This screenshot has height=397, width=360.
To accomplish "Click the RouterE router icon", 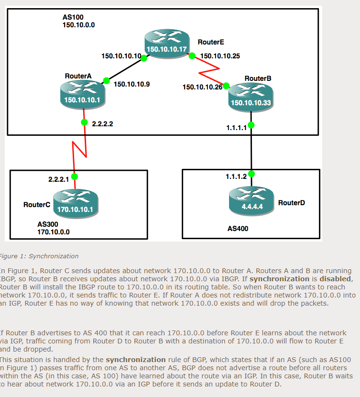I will click(x=167, y=43).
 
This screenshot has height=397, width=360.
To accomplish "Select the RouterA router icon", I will click(x=83, y=94).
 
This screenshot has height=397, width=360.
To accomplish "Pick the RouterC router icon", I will click(x=75, y=203).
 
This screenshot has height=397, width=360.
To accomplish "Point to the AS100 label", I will click(x=73, y=17).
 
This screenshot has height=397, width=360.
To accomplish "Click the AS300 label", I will click(x=48, y=224).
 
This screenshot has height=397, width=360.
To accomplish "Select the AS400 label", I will click(x=238, y=229).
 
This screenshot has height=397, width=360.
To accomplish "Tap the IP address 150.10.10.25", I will click(x=220, y=56).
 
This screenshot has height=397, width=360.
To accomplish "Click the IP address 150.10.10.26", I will click(x=202, y=87).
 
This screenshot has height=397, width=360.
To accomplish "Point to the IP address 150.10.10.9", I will click(x=131, y=84).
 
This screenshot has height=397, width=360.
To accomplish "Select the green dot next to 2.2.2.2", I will click(x=85, y=122).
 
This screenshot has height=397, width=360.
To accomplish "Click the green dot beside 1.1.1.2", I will click(x=251, y=173).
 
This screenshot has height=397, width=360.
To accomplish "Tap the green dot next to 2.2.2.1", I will click(x=75, y=176).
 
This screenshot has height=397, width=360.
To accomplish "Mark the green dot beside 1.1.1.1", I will click(x=251, y=125).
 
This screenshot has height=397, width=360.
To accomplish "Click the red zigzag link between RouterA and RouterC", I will click(x=79, y=149).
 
